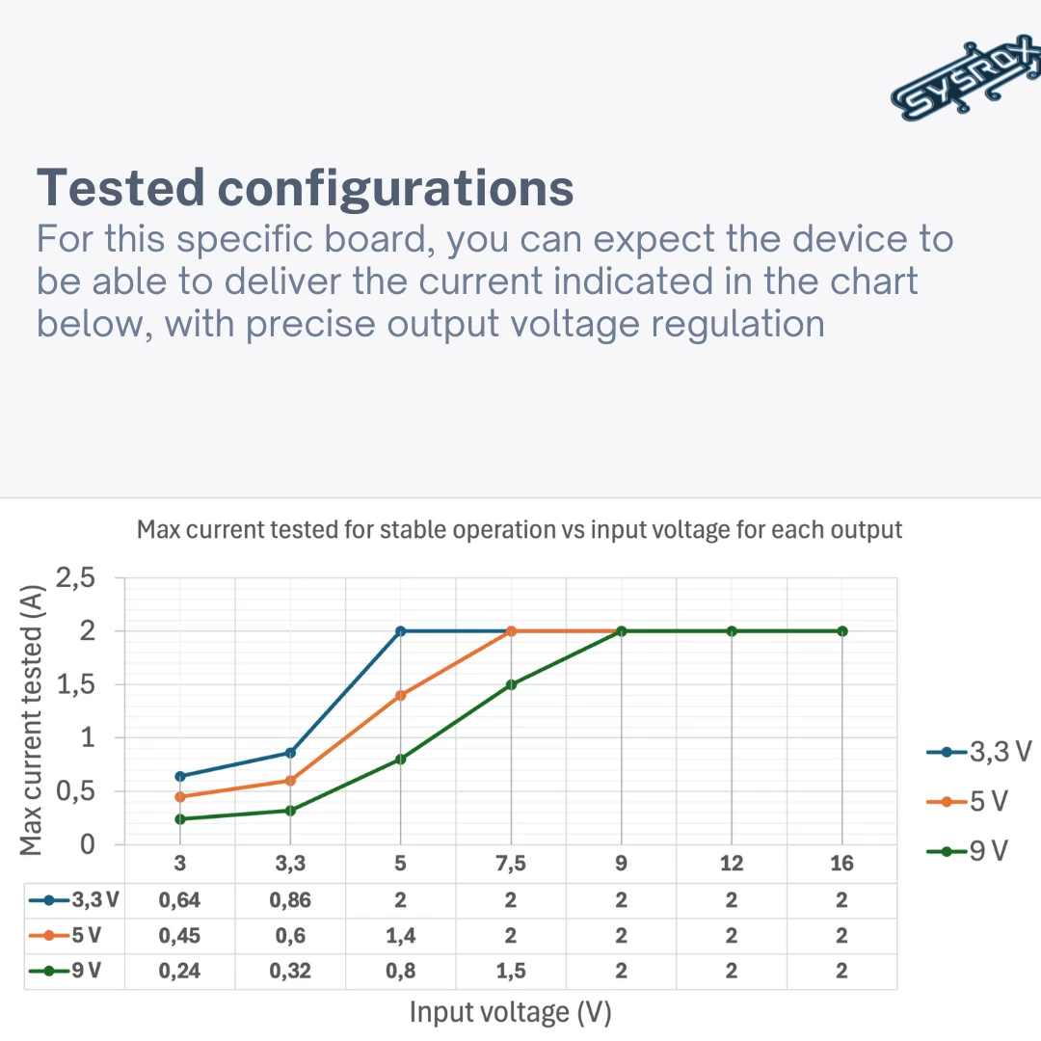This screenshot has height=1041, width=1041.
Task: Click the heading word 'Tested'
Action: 120,188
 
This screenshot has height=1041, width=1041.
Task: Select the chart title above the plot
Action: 520,530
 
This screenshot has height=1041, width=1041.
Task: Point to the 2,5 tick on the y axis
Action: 76,577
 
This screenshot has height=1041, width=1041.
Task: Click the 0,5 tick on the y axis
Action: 76,791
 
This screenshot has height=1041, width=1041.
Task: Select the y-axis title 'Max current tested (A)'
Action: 31,720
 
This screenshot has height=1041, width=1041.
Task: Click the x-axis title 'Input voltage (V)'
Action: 510,1012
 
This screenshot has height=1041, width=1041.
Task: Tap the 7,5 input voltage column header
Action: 511,863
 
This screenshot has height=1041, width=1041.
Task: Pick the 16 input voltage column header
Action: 841,863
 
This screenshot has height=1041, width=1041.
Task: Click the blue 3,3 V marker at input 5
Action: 400,631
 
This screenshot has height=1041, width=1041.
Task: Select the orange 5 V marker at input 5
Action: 400,696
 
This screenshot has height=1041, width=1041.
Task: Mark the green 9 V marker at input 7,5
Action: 511,684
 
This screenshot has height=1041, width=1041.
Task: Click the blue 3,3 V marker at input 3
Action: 180,776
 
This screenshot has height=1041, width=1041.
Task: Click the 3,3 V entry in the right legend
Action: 979,752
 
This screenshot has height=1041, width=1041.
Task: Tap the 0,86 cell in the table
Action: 290,900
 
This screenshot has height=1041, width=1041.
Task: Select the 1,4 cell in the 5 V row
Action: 400,935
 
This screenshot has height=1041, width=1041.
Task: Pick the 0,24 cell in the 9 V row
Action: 179,971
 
